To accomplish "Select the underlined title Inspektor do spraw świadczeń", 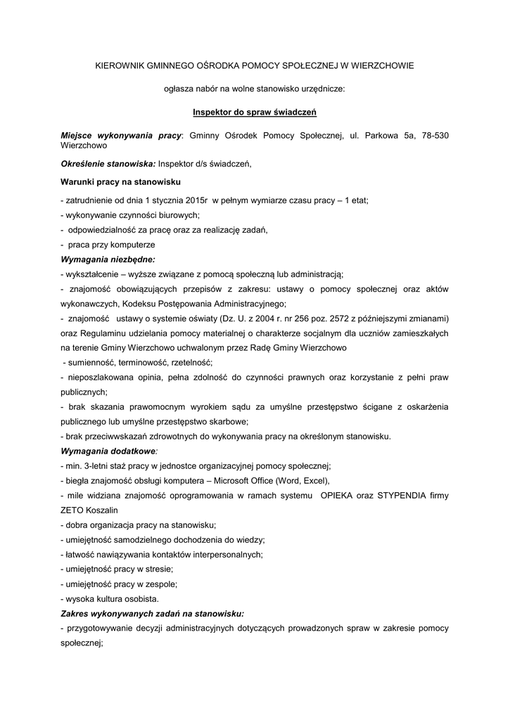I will click(255, 111).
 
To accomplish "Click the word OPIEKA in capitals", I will click(340, 496).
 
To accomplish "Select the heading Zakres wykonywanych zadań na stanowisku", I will click(153, 613).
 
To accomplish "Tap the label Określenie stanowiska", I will click(108, 164).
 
